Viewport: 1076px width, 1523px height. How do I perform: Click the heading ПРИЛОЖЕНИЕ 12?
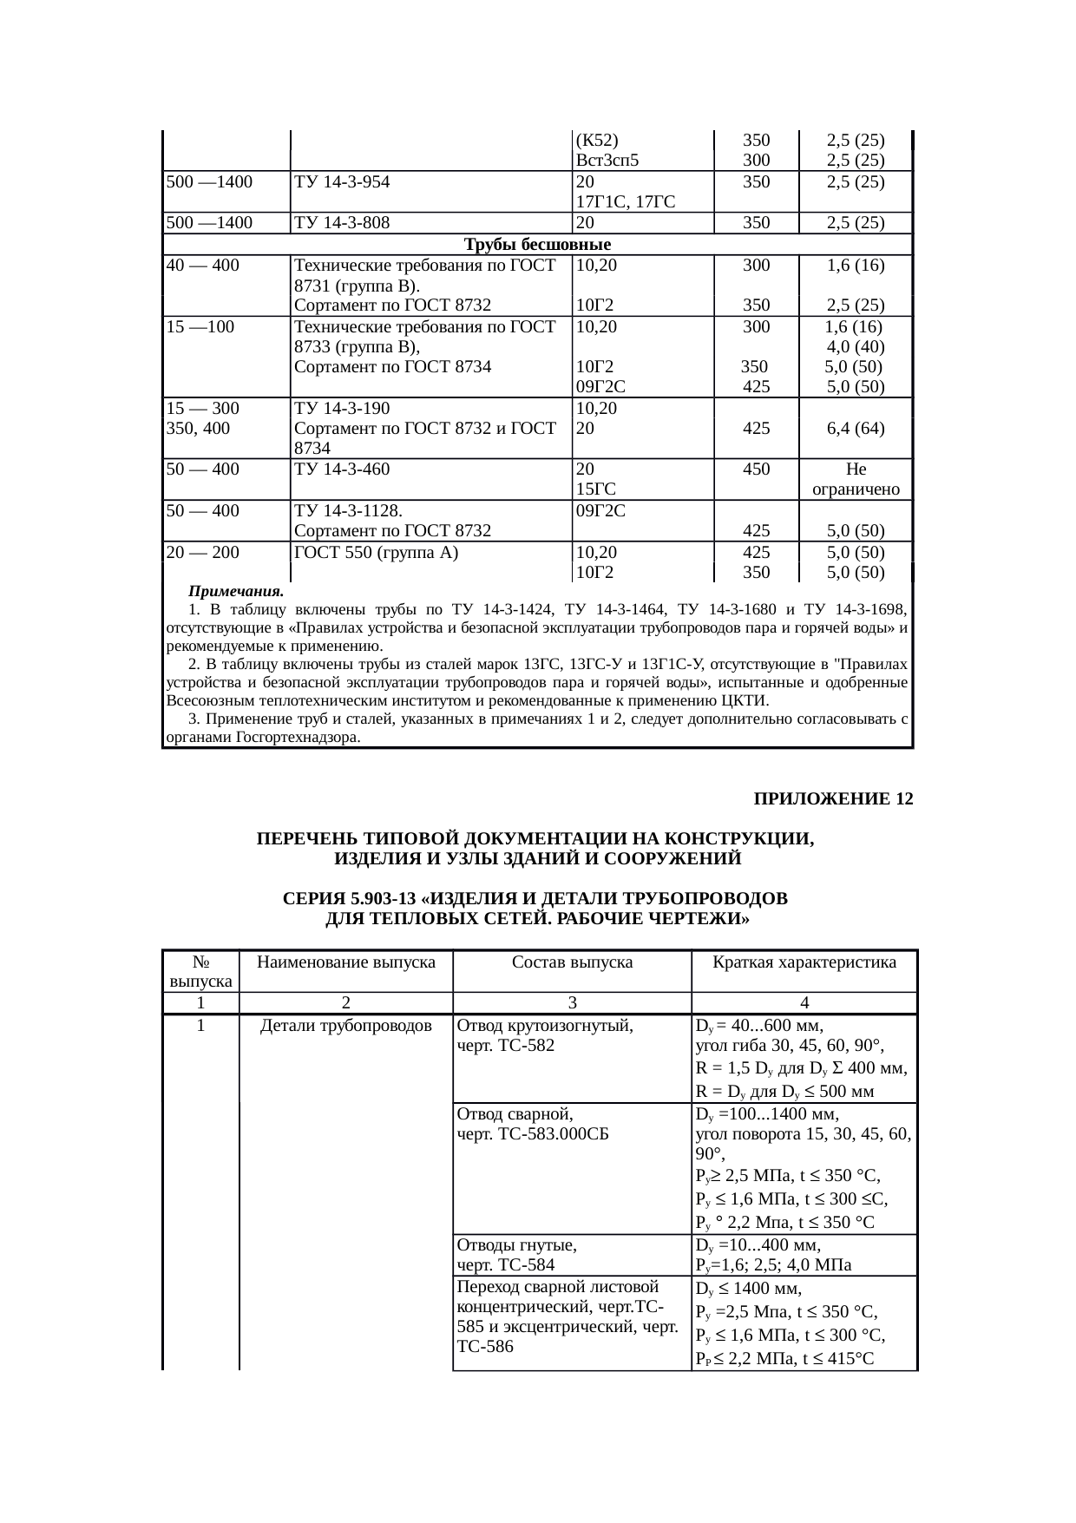(833, 798)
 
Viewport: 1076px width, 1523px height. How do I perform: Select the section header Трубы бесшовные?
(538, 245)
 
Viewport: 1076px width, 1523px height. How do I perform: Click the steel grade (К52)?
(597, 140)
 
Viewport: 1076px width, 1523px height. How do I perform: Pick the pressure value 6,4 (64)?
(856, 428)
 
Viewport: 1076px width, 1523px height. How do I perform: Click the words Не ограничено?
(856, 480)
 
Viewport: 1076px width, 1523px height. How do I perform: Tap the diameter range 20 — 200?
(203, 552)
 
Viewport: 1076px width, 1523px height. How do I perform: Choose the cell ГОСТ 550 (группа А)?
(377, 552)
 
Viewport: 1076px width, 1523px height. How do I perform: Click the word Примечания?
(236, 592)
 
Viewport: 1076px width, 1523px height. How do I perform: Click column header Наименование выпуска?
(346, 962)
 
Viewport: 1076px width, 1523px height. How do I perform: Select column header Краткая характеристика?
(804, 962)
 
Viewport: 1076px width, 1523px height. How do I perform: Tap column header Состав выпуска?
(572, 962)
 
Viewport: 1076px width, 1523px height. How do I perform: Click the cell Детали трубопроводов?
(346, 1027)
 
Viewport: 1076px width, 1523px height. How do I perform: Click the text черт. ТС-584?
(506, 1264)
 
